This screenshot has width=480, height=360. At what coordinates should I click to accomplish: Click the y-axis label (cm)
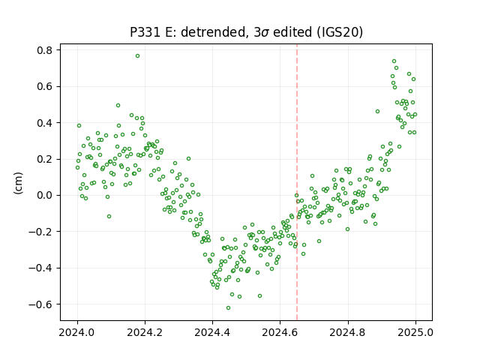click(18, 183)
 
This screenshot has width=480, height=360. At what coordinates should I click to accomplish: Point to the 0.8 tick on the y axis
click(45, 50)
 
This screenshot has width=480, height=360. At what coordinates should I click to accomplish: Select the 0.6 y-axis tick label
click(45, 86)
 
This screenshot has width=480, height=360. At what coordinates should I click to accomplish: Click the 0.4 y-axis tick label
click(45, 123)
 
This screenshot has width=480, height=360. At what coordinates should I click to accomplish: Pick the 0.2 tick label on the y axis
click(45, 159)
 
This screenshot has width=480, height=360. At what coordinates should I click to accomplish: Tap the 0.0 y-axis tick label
click(45, 195)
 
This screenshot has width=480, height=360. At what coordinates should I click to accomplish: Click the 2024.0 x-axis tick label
click(77, 332)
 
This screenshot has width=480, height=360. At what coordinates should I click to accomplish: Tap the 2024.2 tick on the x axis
click(145, 332)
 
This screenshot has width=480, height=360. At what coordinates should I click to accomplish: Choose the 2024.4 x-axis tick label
click(212, 332)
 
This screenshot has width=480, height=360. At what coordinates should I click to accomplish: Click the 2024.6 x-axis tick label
click(280, 332)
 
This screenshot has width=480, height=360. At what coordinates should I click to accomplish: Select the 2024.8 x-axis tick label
click(348, 332)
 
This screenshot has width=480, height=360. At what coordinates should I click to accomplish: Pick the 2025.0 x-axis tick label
click(415, 332)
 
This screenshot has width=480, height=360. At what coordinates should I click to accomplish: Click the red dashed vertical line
click(297, 182)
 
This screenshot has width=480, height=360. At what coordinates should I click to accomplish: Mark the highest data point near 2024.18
click(138, 56)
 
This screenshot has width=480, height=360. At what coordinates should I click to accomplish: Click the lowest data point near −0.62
click(228, 308)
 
